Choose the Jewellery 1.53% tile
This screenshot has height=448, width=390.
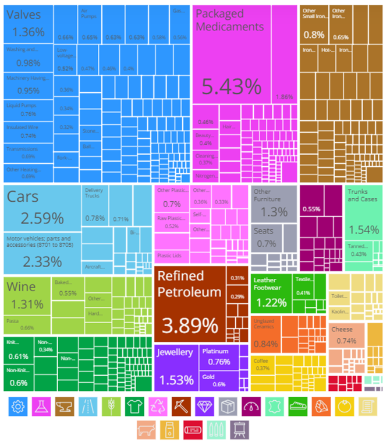[176, 367]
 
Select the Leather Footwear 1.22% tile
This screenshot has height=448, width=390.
[270, 294]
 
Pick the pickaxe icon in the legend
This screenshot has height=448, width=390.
[180, 406]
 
